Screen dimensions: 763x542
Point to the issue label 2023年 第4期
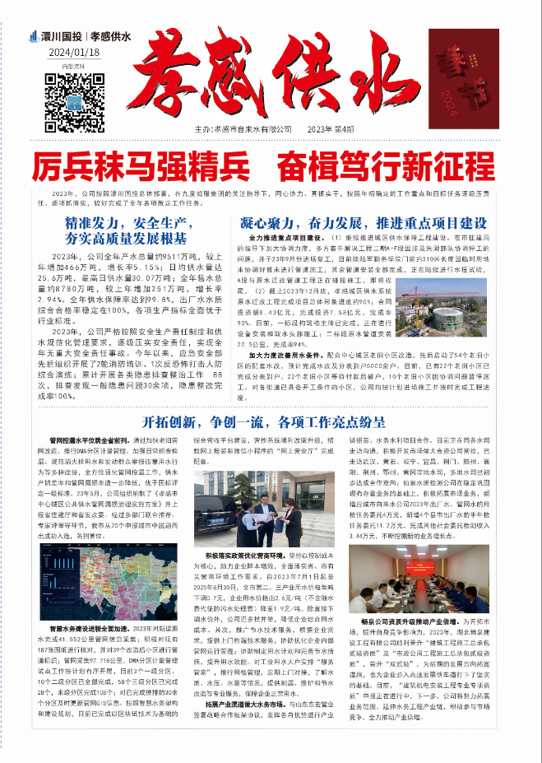(x=331, y=129)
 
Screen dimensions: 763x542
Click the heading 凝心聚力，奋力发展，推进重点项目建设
(x=363, y=223)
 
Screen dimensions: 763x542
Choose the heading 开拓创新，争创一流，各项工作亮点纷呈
(x=271, y=422)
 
